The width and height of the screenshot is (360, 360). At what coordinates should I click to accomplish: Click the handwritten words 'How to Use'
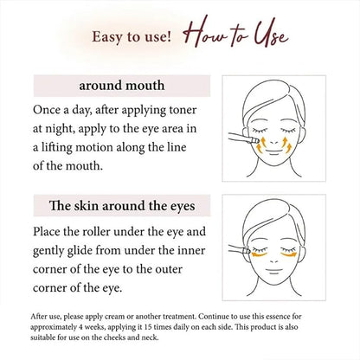pos(236,34)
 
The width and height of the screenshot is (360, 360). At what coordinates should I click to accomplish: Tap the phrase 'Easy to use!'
pos(132,37)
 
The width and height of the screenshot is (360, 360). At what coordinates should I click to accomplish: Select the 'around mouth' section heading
pos(122,86)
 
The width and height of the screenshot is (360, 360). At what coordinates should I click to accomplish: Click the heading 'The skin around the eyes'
pos(122,206)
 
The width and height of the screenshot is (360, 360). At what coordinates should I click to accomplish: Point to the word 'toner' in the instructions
pos(183,110)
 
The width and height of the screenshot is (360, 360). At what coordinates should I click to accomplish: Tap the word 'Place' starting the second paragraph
pos(47,232)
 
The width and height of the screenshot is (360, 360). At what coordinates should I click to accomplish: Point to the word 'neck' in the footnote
pos(151,337)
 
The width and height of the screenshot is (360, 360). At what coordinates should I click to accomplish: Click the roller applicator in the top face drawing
pos(243,138)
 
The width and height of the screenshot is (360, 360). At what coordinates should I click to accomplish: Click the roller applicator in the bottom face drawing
pos(239,250)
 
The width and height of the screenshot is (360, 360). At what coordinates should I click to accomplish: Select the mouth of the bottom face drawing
pos(274,271)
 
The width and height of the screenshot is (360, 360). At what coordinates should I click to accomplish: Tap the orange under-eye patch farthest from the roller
pos(289,254)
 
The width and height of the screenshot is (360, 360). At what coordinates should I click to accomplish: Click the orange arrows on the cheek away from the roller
pos(286,145)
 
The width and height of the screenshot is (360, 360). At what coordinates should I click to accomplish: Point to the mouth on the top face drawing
pos(274,151)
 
